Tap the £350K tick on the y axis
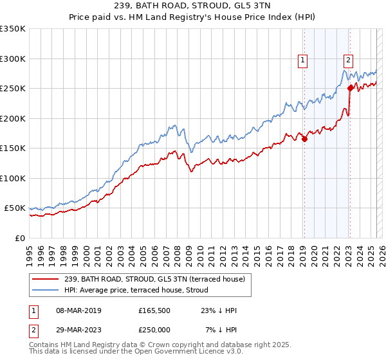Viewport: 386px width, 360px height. [x=12, y=29]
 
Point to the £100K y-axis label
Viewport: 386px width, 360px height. [x=12, y=178]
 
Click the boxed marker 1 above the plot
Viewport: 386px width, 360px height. [x=303, y=61]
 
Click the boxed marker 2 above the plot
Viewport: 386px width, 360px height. [x=348, y=61]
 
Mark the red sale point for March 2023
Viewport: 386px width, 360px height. [x=350, y=89]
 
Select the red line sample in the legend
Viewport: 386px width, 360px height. [x=45, y=280]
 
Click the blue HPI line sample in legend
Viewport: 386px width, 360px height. [x=45, y=290]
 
